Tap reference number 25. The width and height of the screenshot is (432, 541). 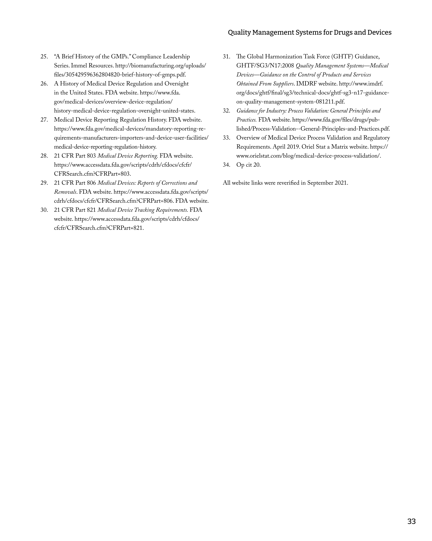coord(44,57)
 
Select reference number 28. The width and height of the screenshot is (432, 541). coord(44,156)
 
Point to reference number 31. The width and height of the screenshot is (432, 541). coord(227,57)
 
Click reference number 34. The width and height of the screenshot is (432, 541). coord(227,165)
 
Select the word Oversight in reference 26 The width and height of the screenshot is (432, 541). coord(177,84)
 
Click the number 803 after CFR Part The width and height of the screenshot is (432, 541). coord(91,156)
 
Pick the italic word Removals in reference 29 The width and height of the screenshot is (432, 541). coord(65,192)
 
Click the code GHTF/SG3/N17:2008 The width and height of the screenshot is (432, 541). coord(265,66)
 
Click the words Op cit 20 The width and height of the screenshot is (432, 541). coord(248,165)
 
